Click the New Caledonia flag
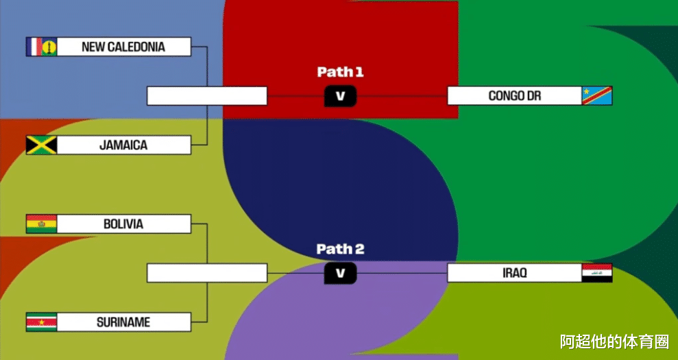(41, 47)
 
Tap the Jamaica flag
(41, 145)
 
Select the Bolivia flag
(41, 224)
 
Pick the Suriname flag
(41, 322)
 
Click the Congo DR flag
(596, 96)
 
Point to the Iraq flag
(596, 273)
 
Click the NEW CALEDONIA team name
(123, 47)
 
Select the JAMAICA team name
(123, 145)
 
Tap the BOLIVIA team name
(123, 224)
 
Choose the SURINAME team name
(123, 322)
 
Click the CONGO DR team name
(514, 96)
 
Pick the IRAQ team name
(514, 273)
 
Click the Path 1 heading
(340, 72)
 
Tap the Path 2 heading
(340, 249)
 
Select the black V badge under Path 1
(340, 96)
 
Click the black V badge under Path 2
(340, 273)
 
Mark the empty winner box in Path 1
(206, 96)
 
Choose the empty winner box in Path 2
(206, 273)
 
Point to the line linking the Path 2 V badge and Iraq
(402, 273)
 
